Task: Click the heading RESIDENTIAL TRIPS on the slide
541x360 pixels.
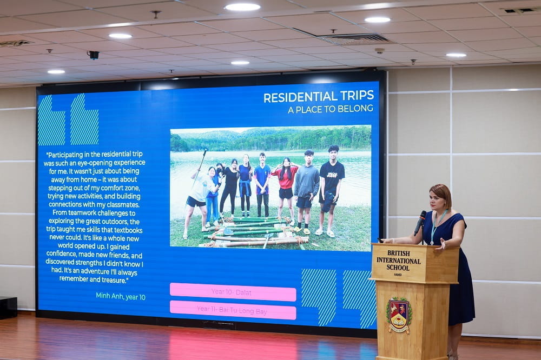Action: (318, 96)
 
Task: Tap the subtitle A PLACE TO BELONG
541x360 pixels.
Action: (330, 109)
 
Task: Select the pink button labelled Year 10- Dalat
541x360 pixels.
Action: (233, 292)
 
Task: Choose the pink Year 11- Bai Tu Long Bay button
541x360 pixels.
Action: (233, 310)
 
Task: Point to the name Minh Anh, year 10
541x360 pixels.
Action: (120, 296)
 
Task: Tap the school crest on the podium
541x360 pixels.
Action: (399, 315)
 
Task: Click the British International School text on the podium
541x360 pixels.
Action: (399, 260)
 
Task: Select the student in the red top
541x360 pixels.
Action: (285, 184)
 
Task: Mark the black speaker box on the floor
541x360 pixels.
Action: (8, 307)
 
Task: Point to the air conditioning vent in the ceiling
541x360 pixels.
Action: (356, 39)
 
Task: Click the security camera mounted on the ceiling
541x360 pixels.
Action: (93, 55)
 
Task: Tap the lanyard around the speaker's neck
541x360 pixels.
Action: (436, 225)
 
